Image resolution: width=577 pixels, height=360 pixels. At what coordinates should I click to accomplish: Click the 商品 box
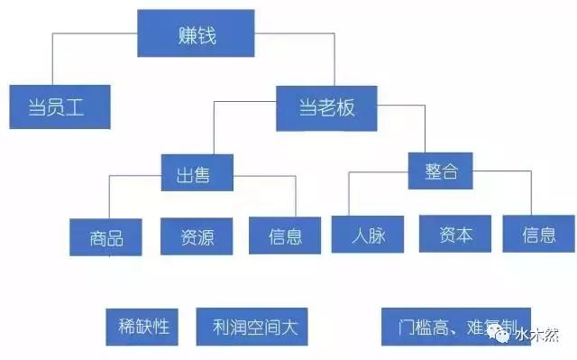tap(106, 237)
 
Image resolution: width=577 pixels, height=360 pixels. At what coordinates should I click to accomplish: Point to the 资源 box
tap(196, 236)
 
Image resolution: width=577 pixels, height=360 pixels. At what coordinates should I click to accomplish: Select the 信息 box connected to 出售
tap(285, 236)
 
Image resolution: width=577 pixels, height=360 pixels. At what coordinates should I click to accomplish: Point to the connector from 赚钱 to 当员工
tap(52, 54)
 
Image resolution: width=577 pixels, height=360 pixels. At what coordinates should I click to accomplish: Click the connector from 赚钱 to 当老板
tap(334, 59)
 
